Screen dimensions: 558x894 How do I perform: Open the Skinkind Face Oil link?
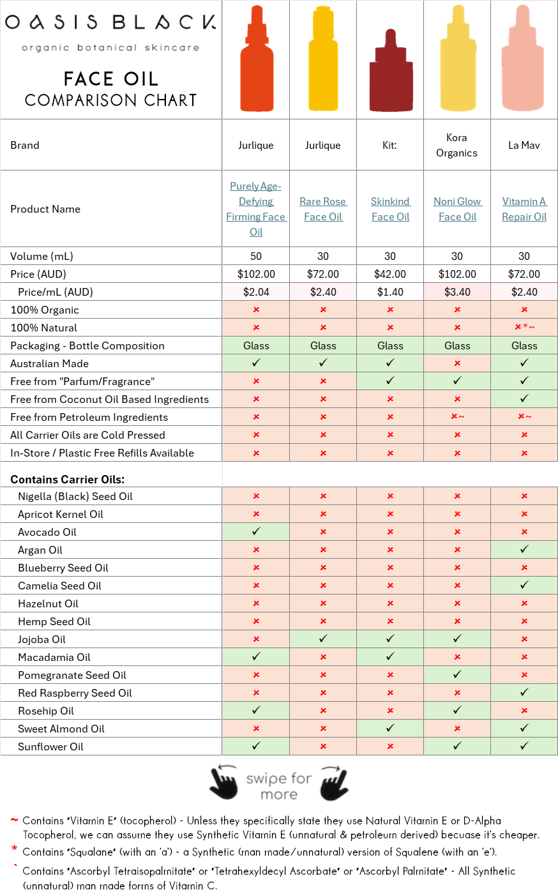(x=390, y=209)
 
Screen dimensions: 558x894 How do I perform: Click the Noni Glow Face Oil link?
(x=457, y=209)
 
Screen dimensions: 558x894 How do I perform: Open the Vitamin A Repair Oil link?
(x=524, y=209)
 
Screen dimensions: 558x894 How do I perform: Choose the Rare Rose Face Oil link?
(x=323, y=209)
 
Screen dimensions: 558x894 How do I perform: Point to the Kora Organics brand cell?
(x=456, y=146)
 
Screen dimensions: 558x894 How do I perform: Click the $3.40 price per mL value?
(x=457, y=292)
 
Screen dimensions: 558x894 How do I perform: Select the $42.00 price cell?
(x=390, y=274)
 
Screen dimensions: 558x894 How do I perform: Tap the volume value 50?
(x=256, y=256)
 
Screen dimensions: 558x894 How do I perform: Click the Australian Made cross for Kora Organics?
(x=457, y=363)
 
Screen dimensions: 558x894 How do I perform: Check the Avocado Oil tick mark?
(x=256, y=531)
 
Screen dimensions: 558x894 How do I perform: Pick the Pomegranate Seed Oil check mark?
(x=457, y=674)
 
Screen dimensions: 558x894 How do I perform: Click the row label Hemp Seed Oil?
(x=54, y=622)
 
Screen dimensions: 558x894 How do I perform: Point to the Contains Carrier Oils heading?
(x=68, y=480)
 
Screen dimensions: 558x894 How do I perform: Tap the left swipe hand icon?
(x=223, y=782)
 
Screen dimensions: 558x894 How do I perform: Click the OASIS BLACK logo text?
(x=110, y=22)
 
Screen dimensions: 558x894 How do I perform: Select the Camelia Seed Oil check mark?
(x=524, y=585)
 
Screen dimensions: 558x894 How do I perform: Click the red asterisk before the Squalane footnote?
(x=15, y=848)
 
